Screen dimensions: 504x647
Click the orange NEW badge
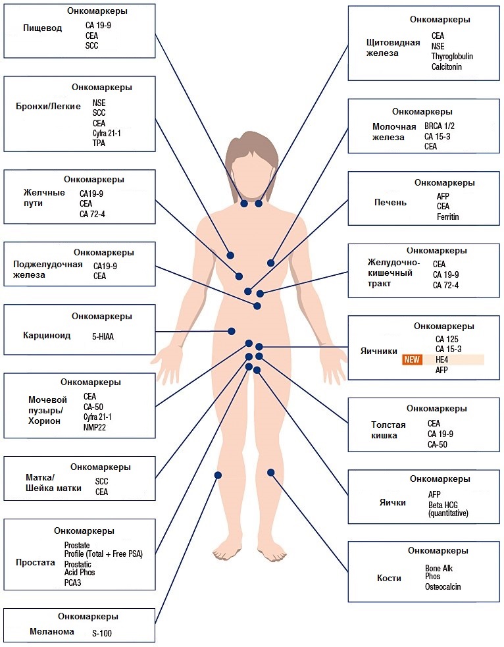tap(412, 359)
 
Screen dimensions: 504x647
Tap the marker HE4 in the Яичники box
tap(441, 359)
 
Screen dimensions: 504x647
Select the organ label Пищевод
tap(43, 28)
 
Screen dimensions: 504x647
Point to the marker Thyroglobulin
tap(452, 57)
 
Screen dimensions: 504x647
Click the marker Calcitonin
tap(447, 67)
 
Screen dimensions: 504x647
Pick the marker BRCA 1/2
tap(440, 126)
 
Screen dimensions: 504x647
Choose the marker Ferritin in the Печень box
tap(448, 217)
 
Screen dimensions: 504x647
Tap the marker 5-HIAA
tap(103, 337)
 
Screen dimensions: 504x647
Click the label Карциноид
tap(47, 336)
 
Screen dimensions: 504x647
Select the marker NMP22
tap(95, 427)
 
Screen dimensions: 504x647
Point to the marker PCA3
tap(72, 582)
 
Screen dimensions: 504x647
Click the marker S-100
tap(102, 633)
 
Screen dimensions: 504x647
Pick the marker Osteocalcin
tap(443, 586)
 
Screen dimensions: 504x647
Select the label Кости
tap(389, 578)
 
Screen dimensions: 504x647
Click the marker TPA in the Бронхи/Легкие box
tap(99, 143)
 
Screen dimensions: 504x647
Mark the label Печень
tap(391, 203)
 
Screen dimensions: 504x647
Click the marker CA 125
tap(447, 339)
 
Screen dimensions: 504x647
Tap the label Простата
tap(36, 563)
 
